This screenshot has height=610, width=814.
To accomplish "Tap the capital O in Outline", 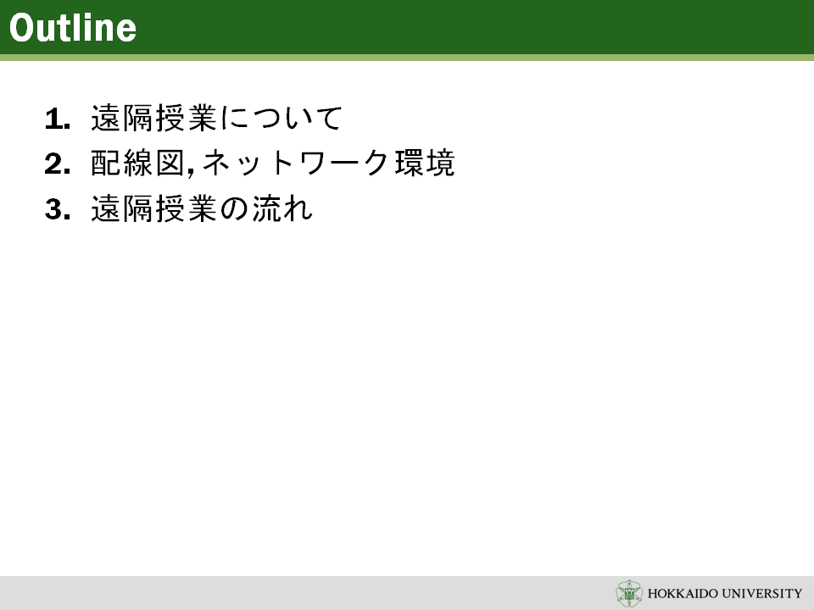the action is point(21,28).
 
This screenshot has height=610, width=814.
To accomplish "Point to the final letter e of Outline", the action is point(126,31).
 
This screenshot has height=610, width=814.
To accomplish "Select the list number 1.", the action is point(57,119).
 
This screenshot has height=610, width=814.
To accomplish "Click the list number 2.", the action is point(57,164).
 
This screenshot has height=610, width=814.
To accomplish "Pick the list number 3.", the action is point(57,209).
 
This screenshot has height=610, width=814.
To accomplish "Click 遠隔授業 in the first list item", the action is point(153,119).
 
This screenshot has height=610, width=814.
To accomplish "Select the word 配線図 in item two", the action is point(138,164).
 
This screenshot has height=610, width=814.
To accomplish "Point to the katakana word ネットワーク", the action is point(295,164).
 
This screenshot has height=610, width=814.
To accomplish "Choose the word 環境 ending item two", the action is point(425,164).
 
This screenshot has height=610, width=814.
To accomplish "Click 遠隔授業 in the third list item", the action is point(153,208).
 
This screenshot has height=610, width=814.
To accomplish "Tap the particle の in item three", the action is point(234,209).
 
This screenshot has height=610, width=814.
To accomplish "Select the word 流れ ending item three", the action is point(282,208).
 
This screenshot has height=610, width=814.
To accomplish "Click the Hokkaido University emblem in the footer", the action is point(629,593).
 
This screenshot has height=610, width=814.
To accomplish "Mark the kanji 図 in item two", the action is point(170,164).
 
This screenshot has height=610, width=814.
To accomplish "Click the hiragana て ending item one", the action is point(328,119).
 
